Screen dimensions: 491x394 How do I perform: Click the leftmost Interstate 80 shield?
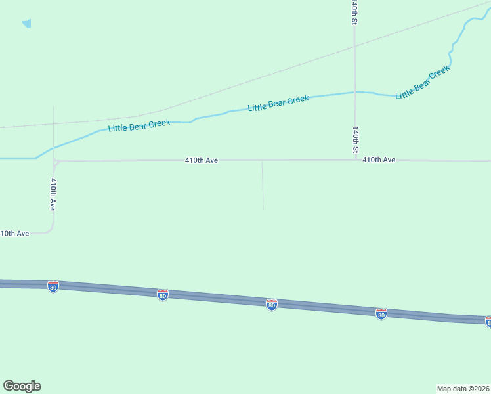click(53, 286)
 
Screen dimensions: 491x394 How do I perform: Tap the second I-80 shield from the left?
click(163, 295)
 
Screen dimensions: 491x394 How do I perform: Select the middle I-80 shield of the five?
click(272, 304)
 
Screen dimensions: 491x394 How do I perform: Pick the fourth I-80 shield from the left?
click(381, 313)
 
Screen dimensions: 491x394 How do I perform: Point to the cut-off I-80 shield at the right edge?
click(488, 321)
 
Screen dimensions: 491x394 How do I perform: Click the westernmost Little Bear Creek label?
click(139, 125)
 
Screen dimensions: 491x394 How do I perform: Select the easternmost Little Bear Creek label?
click(423, 82)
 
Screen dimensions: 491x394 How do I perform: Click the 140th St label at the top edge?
click(354, 12)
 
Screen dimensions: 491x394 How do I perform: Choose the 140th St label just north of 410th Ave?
click(355, 140)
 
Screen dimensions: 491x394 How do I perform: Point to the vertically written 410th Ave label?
click(53, 193)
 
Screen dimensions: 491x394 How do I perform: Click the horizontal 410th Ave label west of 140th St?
click(202, 160)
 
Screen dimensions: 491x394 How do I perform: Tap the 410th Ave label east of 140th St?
click(379, 160)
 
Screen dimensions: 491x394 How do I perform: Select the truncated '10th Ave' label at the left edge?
click(14, 233)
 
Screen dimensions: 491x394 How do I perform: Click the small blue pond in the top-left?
click(27, 24)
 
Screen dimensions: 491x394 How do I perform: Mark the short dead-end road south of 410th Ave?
click(263, 187)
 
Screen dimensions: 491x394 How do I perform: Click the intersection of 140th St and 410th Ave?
click(355, 160)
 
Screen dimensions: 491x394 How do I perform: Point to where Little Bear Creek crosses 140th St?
click(355, 92)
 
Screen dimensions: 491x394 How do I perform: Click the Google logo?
click(22, 386)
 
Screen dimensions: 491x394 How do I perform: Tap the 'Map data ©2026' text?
click(463, 389)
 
